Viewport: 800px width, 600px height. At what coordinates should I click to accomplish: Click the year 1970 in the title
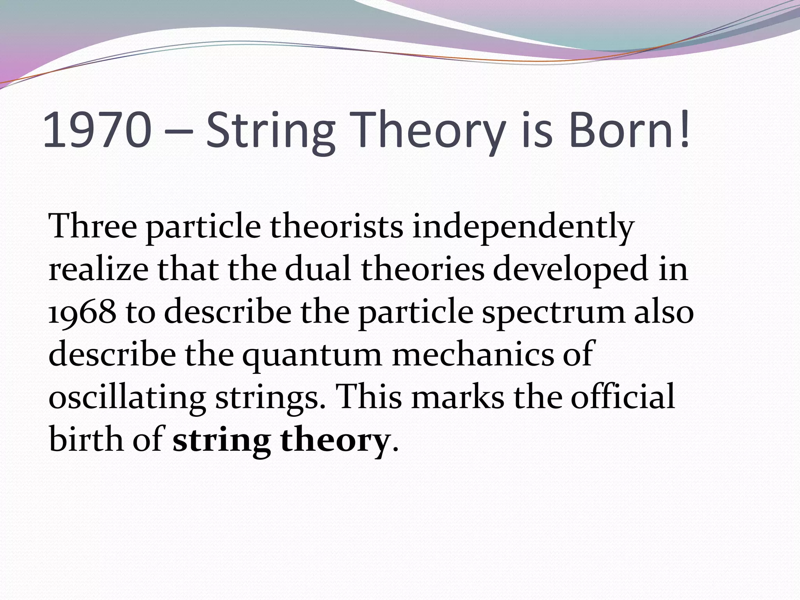tap(97, 130)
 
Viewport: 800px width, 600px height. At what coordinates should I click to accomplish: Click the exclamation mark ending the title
tap(684, 130)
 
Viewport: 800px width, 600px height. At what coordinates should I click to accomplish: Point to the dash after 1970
tap(179, 133)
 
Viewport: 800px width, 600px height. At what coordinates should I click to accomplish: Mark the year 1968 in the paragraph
tap(82, 312)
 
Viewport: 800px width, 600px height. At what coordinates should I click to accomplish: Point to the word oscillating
tap(127, 398)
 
